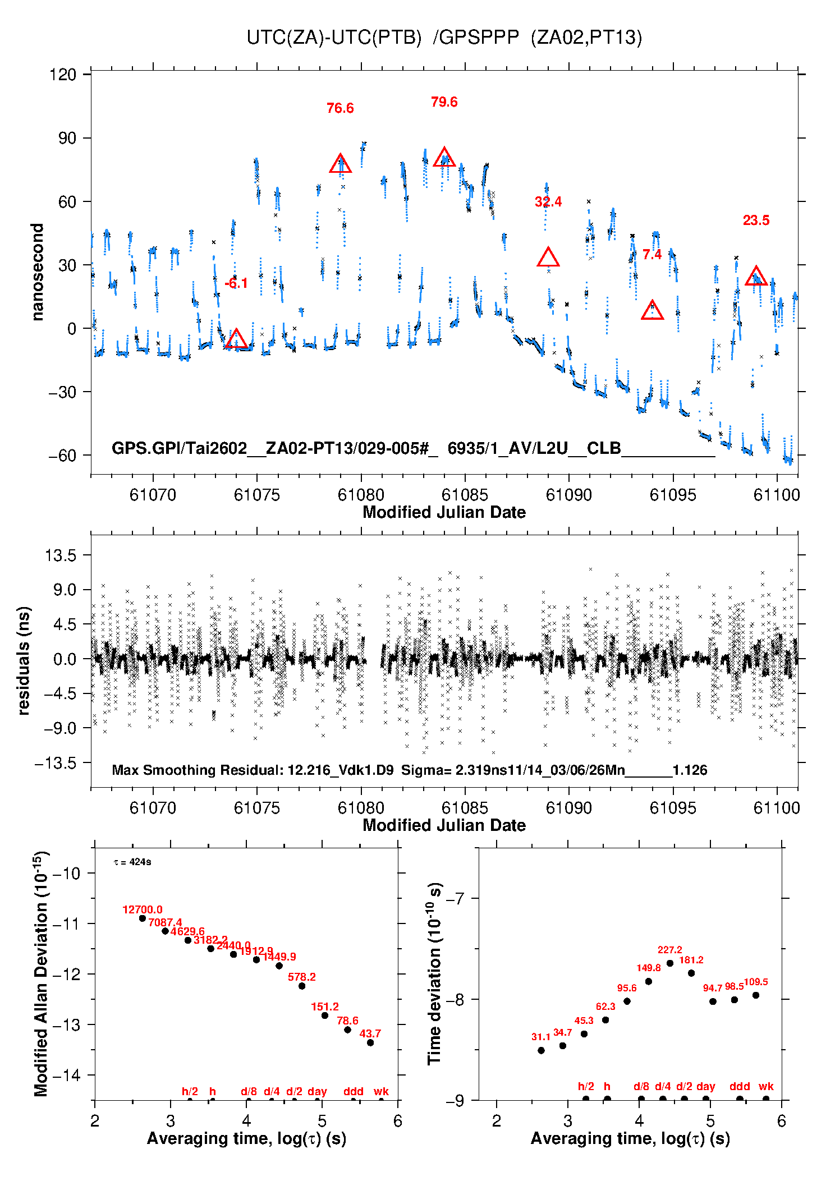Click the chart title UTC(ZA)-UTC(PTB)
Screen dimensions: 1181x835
pyautogui.click(x=333, y=38)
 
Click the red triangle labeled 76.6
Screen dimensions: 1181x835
pyautogui.click(x=340, y=164)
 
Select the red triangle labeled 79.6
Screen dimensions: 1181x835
pyautogui.click(x=444, y=158)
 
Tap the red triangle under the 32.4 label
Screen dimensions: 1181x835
pyautogui.click(x=548, y=258)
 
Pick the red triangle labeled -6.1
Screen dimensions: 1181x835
pyautogui.click(x=236, y=339)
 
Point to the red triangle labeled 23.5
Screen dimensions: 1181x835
pyautogui.click(x=756, y=277)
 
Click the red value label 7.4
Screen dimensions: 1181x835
pyautogui.click(x=652, y=255)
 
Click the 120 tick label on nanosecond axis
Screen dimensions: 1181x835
pyautogui.click(x=62, y=75)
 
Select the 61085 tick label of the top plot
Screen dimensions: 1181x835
pyautogui.click(x=465, y=495)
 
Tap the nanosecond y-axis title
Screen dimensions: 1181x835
pyautogui.click(x=38, y=272)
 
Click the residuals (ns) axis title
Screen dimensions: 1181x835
pyautogui.click(x=24, y=660)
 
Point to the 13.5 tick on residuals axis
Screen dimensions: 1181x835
pyautogui.click(x=61, y=555)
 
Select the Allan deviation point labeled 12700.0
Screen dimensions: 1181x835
pyautogui.click(x=143, y=918)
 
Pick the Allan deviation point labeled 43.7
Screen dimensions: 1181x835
pyautogui.click(x=370, y=1042)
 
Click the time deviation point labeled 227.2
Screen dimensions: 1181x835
pyautogui.click(x=670, y=963)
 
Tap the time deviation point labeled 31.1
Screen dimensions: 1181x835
pyautogui.click(x=541, y=1050)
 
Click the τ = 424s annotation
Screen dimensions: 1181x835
pyautogui.click(x=132, y=862)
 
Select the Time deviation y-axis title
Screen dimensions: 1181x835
pyautogui.click(x=435, y=973)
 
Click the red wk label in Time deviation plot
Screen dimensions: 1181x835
pyautogui.click(x=766, y=1086)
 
